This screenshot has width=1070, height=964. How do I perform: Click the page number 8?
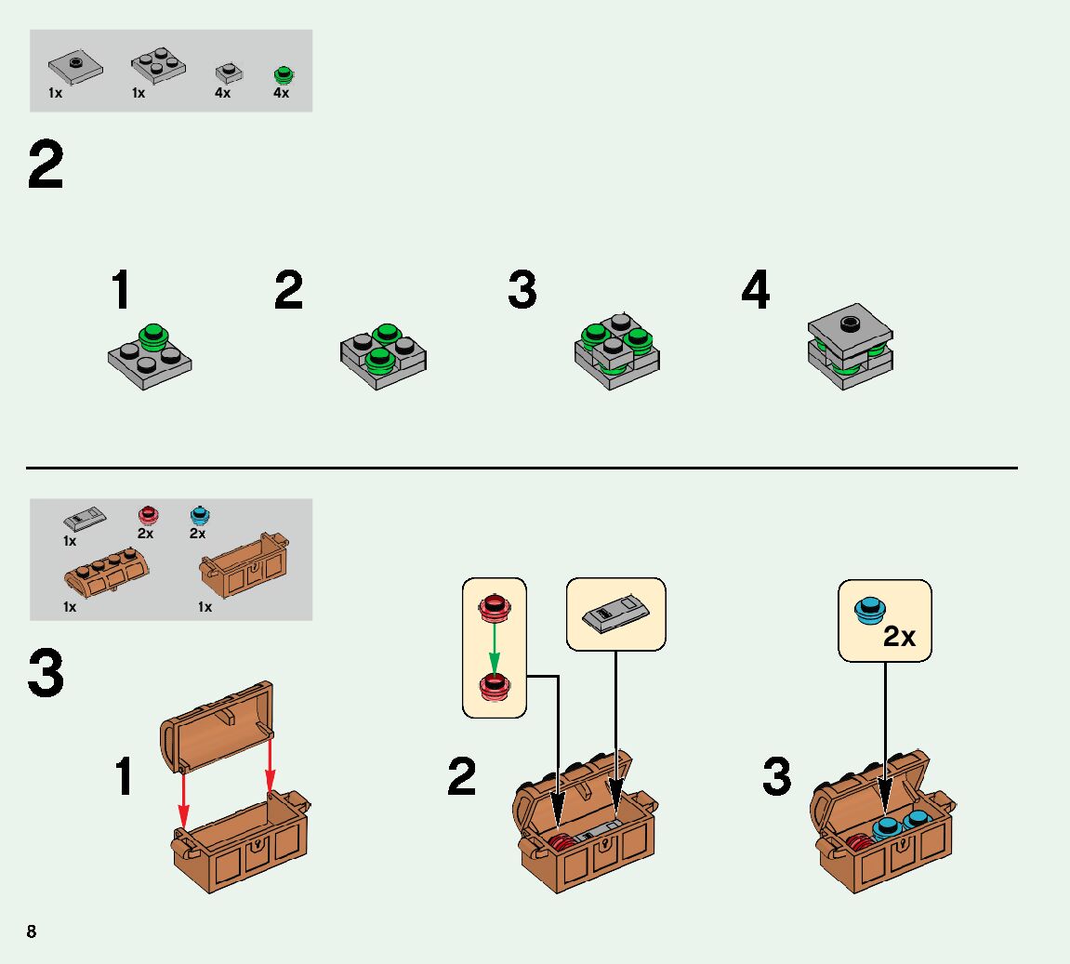tap(32, 931)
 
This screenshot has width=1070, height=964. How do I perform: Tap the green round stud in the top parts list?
tap(282, 73)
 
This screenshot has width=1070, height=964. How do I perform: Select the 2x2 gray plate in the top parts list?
tap(157, 66)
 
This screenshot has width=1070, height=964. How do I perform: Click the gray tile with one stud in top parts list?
tap(73, 68)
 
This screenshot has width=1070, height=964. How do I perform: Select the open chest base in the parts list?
tap(245, 565)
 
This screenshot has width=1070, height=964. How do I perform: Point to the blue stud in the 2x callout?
tap(868, 611)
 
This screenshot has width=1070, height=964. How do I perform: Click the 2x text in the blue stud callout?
tap(899, 637)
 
